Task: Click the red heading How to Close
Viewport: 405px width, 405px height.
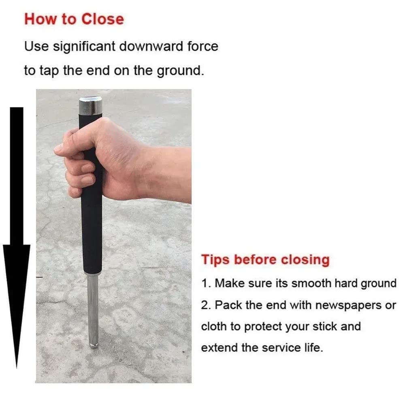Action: (74, 19)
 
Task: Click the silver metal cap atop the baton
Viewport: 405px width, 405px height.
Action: (90, 106)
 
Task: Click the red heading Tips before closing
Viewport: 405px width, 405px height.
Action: (265, 259)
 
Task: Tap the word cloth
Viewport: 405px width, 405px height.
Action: (214, 326)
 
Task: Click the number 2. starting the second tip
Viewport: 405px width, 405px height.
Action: (206, 305)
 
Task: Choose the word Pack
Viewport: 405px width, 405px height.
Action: (227, 305)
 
